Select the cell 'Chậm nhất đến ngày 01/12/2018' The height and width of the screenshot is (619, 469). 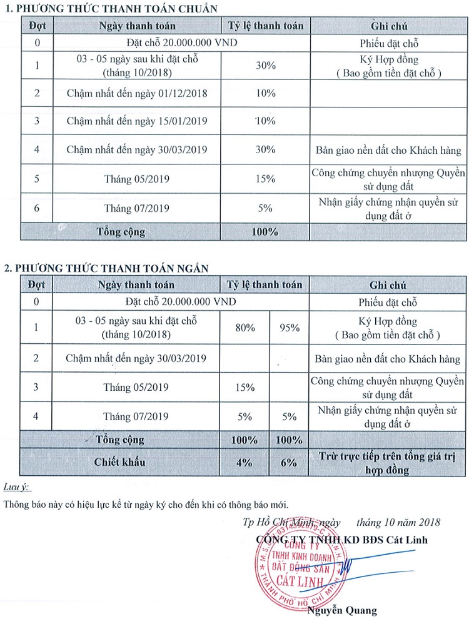[x=136, y=94]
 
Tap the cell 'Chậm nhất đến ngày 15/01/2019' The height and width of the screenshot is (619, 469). [x=136, y=121]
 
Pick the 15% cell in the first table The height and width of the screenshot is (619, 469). [x=266, y=179]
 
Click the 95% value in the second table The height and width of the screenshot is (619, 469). [x=290, y=328]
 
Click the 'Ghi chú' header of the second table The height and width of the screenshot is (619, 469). [x=388, y=285]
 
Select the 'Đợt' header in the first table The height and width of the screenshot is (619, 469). [x=37, y=26]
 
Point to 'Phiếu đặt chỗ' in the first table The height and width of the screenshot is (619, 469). [x=388, y=43]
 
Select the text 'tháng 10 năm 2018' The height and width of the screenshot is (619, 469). [x=398, y=522]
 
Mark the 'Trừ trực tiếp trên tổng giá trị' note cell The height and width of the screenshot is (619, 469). [x=388, y=463]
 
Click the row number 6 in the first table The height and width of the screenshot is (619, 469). [x=37, y=208]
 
